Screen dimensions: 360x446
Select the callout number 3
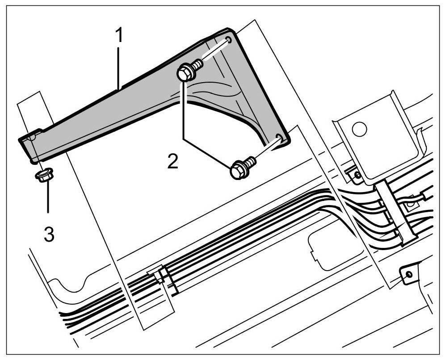click(x=49, y=234)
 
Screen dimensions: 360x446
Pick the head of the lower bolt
click(x=238, y=171)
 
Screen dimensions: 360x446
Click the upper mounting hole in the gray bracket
click(x=229, y=41)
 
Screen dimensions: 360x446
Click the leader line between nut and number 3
click(x=46, y=197)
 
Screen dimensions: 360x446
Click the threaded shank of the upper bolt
click(x=198, y=66)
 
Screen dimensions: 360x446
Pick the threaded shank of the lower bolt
click(x=250, y=161)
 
